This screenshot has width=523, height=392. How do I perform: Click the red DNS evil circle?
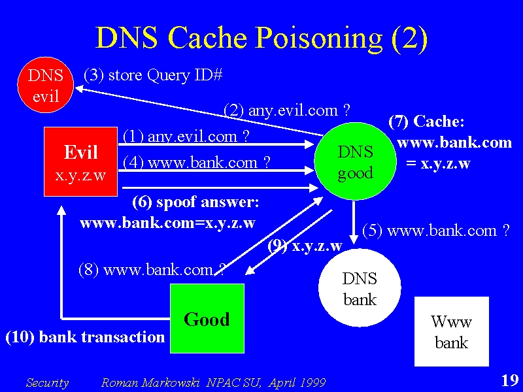45,85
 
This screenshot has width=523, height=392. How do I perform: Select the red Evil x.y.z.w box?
80,161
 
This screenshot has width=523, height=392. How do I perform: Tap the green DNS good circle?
355,161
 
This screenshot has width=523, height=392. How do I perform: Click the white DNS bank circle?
360,287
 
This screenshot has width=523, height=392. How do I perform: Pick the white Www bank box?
452,331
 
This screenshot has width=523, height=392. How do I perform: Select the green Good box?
207,318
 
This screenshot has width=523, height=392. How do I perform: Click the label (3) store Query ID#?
153,75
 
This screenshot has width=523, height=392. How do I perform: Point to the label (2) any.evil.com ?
287,110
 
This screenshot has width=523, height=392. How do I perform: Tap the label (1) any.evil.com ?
186,137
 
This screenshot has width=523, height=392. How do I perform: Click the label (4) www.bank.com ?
197,163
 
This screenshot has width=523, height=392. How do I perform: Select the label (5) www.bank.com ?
436,231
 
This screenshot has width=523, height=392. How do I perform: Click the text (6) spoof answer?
195,203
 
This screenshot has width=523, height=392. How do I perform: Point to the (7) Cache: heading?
426,122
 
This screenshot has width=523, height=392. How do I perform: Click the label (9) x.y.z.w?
305,246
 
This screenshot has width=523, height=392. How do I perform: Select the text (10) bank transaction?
86,337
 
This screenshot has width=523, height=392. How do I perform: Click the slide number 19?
510,380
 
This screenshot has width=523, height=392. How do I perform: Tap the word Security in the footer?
47,383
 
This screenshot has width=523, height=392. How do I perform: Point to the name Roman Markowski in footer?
150,382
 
